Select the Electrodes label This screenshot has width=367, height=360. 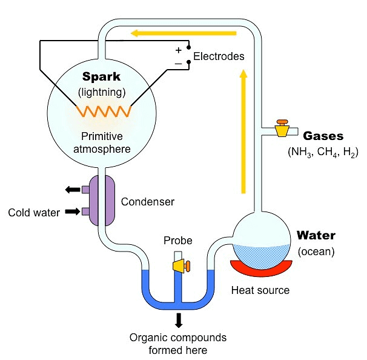pos(219,56)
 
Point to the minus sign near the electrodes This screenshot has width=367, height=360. pos(179,62)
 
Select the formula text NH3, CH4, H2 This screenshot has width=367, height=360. pos(323,152)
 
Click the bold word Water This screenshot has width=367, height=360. pos(315,235)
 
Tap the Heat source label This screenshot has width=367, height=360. pos(260,290)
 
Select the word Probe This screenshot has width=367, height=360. pos(177,241)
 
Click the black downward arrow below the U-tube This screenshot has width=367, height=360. pos(179,319)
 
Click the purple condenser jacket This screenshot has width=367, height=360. pos(104,200)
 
